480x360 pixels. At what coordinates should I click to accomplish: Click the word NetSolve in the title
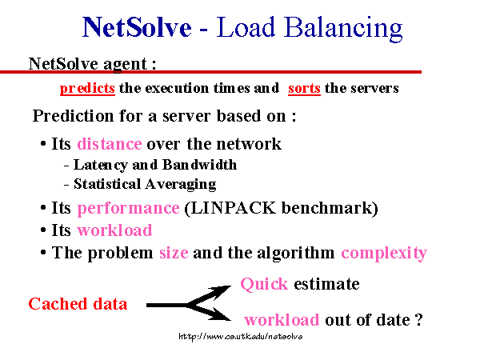click(x=137, y=27)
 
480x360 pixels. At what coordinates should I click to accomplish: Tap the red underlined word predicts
click(x=87, y=89)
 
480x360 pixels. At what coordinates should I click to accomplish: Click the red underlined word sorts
click(x=304, y=89)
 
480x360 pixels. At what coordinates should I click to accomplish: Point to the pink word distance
click(x=110, y=143)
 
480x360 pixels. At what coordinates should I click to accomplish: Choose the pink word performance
click(x=128, y=209)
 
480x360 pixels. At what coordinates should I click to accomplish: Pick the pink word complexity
click(x=384, y=254)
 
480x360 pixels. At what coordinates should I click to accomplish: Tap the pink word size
click(x=174, y=253)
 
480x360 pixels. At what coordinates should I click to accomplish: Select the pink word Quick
click(x=264, y=284)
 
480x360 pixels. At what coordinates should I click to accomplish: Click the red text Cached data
click(x=78, y=304)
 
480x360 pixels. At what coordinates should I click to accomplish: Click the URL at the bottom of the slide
click(x=241, y=337)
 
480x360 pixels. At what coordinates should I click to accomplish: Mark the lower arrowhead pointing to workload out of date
click(x=221, y=314)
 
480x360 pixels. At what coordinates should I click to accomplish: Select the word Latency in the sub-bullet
click(x=101, y=166)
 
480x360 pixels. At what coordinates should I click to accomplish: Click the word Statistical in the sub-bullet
click(x=107, y=184)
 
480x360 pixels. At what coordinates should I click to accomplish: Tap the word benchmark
click(x=326, y=208)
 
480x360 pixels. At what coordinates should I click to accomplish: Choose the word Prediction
click(x=73, y=116)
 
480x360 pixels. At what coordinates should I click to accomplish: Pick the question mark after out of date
click(x=418, y=319)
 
